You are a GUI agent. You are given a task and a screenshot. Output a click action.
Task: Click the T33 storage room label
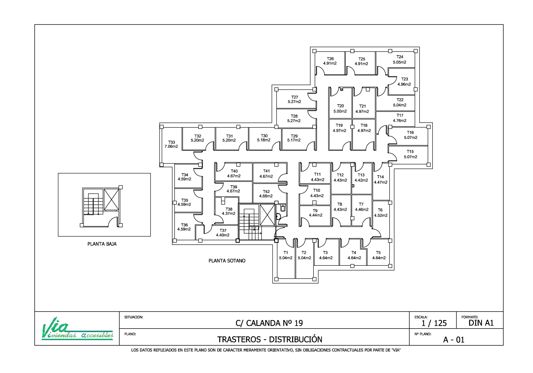172,142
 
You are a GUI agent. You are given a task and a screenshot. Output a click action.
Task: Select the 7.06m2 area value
171,146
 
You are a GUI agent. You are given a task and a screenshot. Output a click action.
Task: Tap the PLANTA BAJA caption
102,244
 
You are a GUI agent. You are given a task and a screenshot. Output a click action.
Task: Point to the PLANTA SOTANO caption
227,261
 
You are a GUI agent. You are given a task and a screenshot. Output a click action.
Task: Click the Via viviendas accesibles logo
77,329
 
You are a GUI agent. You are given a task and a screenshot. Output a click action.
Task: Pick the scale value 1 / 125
434,323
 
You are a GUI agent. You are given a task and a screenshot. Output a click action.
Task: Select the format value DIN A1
481,323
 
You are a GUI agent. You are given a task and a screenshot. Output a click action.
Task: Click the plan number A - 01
453,340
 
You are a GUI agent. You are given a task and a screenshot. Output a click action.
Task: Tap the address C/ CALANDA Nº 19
269,323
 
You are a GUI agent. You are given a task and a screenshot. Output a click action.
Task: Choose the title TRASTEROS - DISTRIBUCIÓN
270,340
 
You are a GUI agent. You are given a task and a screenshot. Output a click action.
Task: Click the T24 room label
400,57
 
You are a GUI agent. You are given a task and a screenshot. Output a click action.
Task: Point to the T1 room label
286,253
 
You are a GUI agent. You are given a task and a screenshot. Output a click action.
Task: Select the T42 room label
266,191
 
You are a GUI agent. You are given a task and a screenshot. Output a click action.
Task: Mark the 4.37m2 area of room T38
228,213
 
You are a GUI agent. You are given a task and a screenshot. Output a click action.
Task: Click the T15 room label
410,152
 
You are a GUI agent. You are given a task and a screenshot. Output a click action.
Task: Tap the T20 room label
340,106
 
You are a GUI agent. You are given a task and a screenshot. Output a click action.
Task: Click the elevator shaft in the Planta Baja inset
111,199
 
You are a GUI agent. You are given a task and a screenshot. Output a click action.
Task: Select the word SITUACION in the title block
134,317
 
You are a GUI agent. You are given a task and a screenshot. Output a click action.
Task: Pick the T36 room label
184,225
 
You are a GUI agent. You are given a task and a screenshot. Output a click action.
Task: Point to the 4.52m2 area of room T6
381,216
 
